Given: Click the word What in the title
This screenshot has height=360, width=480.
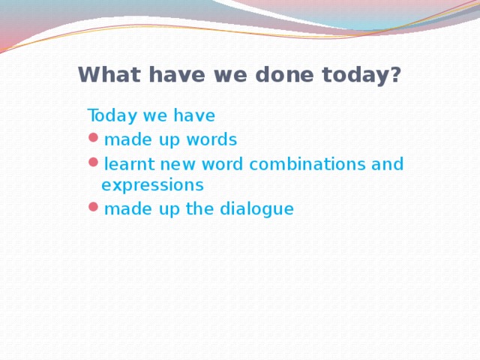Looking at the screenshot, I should point(103,75).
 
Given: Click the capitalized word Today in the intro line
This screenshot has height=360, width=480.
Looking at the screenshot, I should point(109,116).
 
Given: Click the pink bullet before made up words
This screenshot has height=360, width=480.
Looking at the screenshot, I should point(92,138).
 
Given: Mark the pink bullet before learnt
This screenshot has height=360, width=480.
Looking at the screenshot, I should point(92,162).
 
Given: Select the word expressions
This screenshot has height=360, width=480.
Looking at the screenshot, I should point(152,184).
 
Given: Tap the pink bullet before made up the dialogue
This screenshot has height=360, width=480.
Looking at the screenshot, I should point(92,207).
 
